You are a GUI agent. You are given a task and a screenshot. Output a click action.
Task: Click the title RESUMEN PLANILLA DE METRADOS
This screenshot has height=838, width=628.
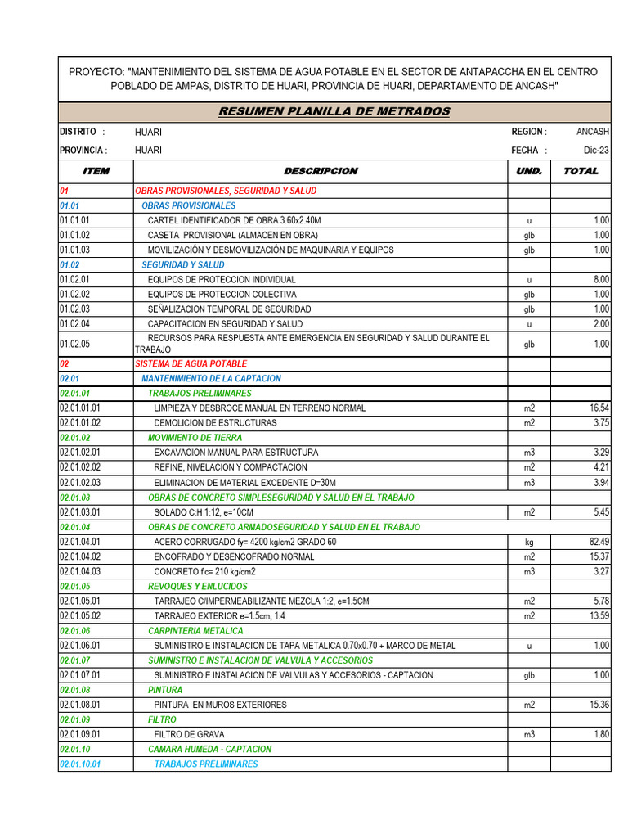[334, 111]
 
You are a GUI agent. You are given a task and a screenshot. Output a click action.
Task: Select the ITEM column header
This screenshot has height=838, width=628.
[96, 171]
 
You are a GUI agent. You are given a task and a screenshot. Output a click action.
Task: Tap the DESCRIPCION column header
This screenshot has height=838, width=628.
[321, 171]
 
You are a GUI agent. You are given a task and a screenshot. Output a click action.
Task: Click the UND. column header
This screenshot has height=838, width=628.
[528, 171]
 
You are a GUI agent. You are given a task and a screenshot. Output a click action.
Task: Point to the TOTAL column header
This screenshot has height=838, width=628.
[581, 171]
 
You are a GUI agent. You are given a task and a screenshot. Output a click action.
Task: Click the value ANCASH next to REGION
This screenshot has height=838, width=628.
[593, 132]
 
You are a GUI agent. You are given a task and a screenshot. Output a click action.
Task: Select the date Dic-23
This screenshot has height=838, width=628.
[596, 151]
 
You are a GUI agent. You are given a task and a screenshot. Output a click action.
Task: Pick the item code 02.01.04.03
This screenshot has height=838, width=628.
[79, 572]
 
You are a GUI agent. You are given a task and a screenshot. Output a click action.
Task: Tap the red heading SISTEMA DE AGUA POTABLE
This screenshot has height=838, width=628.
[191, 363]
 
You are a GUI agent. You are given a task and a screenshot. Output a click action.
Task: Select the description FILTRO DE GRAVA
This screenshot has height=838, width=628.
[189, 735]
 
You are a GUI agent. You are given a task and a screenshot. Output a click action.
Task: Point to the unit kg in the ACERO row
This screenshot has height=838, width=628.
[528, 543]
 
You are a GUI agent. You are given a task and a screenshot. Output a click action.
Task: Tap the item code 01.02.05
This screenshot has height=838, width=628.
[74, 345]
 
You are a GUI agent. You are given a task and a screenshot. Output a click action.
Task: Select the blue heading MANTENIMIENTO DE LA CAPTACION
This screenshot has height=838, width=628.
[211, 379]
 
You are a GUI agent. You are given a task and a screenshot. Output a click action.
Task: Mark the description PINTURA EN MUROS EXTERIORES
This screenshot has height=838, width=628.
[220, 705]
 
